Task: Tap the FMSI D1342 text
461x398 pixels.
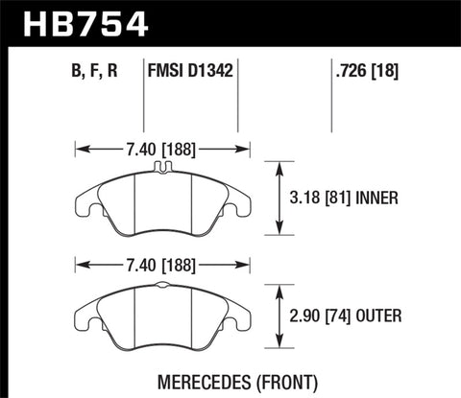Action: point(191,70)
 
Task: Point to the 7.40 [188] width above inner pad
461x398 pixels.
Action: point(161,149)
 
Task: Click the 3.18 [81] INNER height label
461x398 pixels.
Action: point(343,199)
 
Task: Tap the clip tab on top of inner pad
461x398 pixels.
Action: point(161,171)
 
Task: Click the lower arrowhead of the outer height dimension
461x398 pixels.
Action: point(279,347)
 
